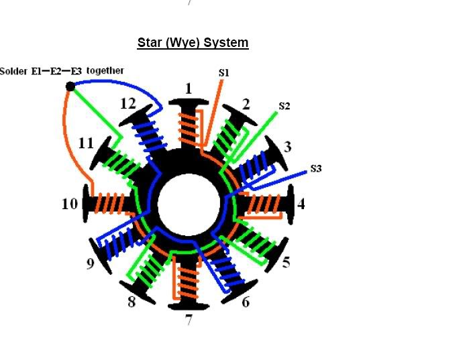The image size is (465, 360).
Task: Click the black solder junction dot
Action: point(70,86)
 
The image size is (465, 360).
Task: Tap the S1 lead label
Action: point(224,72)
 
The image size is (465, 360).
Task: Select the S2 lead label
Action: point(285,106)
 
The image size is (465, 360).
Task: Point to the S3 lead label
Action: point(316,168)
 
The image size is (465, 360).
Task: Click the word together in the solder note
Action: point(105,70)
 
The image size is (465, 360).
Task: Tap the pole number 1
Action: point(189,88)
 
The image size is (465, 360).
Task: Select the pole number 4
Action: point(301,204)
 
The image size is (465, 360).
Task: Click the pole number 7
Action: point(189,320)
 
